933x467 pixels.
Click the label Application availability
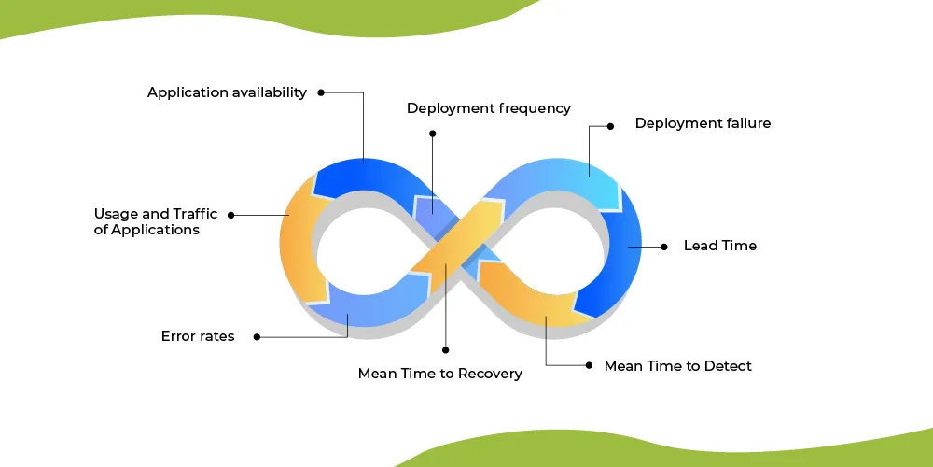227,92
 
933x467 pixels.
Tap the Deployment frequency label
488,108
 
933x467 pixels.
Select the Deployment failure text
703,123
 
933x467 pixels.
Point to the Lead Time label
719,246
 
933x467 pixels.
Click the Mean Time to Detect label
677,366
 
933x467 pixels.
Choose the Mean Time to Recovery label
439,374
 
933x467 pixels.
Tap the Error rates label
198,336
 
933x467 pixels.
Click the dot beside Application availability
321,92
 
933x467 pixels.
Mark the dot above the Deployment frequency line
432,134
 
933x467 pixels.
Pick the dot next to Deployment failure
610,124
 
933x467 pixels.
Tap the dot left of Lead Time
663,247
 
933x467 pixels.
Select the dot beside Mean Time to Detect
588,365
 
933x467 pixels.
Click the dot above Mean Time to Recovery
445,349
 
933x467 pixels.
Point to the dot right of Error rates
257,336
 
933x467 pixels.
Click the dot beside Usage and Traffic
231,214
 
